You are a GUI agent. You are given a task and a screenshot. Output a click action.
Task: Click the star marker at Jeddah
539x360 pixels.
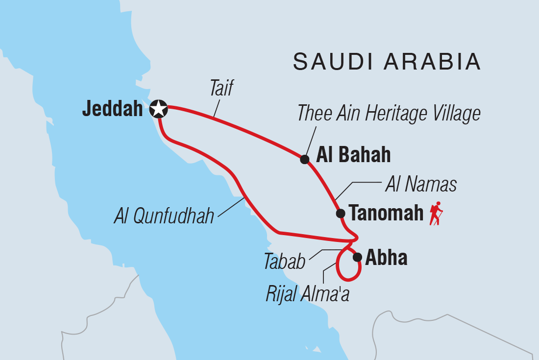coord(158,109)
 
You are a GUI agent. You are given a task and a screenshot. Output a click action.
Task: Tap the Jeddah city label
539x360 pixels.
coord(115,109)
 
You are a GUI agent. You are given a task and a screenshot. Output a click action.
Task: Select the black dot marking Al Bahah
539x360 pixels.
coord(305,159)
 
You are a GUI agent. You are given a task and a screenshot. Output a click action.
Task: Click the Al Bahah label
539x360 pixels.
coord(353,155)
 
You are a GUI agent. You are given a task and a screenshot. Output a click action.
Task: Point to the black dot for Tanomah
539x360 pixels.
coord(340,213)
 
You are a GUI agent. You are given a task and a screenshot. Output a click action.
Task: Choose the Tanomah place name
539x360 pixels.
coord(386,214)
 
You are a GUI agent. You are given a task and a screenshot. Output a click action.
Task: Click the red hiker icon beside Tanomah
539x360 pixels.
coord(436,214)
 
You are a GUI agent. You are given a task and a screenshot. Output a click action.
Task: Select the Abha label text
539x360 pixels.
coord(387,258)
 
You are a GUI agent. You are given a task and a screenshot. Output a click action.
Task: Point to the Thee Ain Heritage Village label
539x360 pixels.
coord(389,114)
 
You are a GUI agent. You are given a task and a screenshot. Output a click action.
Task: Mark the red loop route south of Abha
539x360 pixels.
coord(349,279)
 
